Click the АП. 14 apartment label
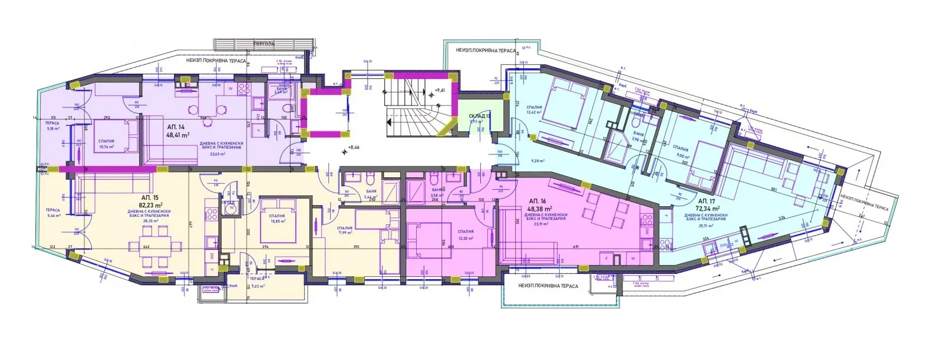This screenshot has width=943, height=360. pyautogui.click(x=176, y=127)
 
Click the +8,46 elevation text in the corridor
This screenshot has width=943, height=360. pyautogui.click(x=354, y=148)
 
